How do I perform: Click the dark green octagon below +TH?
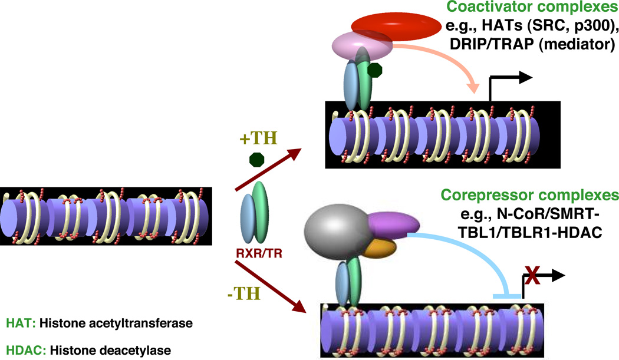[256, 160]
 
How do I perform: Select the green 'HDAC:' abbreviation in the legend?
[24, 350]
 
